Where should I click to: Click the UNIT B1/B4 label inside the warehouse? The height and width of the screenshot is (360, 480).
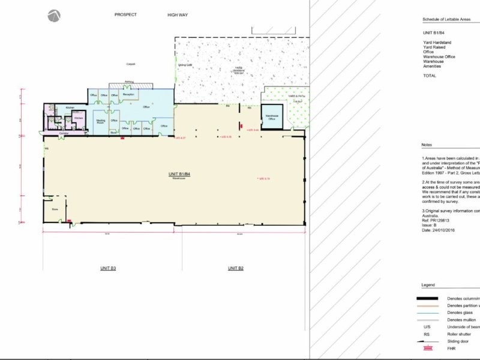(179, 174)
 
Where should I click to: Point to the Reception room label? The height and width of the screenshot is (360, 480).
(128, 95)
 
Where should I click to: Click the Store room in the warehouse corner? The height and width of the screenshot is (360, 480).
(55, 210)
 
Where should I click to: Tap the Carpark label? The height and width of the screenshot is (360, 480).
(130, 64)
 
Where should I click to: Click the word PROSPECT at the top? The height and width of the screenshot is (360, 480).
(125, 14)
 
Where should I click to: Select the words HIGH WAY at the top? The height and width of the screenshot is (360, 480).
(178, 14)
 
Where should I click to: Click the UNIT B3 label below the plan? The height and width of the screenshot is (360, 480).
(107, 268)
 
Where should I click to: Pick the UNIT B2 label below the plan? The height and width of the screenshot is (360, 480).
(236, 268)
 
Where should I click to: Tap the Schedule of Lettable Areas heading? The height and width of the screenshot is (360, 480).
(446, 19)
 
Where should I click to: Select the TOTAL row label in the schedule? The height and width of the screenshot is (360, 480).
(430, 76)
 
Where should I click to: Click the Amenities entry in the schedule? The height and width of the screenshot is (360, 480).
(432, 66)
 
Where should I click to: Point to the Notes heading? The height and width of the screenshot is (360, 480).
(427, 145)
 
